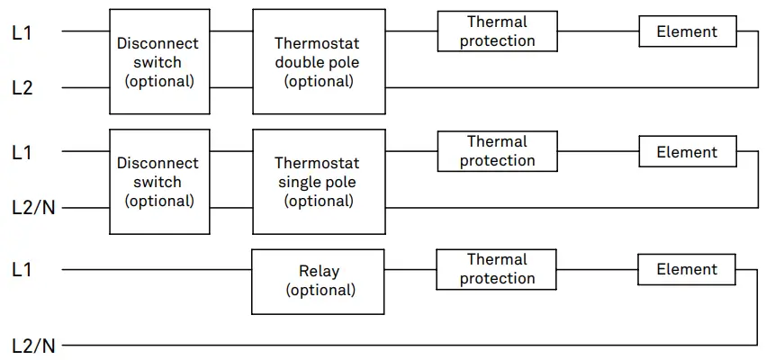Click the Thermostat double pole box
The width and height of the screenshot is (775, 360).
tap(319, 61)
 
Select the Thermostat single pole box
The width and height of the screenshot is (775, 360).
tap(319, 182)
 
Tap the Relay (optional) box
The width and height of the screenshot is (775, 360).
tap(319, 281)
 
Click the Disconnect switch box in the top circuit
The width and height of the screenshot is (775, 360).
tap(159, 61)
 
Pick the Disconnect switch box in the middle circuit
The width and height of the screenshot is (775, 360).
tap(159, 182)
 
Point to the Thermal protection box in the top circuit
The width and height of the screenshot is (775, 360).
tap(497, 31)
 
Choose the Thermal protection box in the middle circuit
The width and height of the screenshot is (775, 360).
tap(497, 151)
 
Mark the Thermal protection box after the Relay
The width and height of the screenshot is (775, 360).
tap(497, 269)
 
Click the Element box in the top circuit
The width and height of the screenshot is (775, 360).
tap(687, 31)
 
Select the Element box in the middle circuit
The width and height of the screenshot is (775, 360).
tap(687, 152)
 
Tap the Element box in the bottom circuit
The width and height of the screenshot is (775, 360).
tap(687, 269)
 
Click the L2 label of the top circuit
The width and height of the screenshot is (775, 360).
tap(23, 88)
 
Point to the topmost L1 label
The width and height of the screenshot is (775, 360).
tap(23, 31)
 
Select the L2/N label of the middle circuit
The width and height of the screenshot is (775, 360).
tap(33, 208)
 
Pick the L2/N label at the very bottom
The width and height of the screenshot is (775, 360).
tap(33, 345)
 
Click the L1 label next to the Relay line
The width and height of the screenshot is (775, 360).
tap(23, 269)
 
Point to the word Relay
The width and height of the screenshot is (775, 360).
tap(320, 271)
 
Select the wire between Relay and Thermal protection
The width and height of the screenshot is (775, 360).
tap(410, 269)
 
